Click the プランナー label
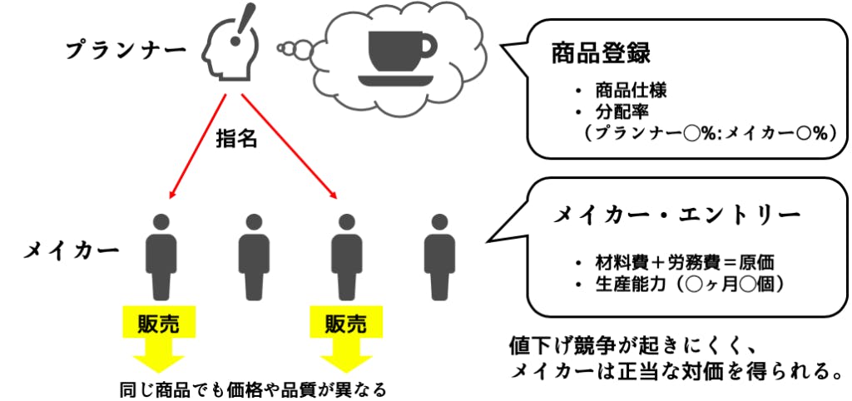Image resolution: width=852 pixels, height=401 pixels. (126, 49)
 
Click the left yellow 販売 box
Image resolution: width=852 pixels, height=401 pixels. (161, 320)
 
